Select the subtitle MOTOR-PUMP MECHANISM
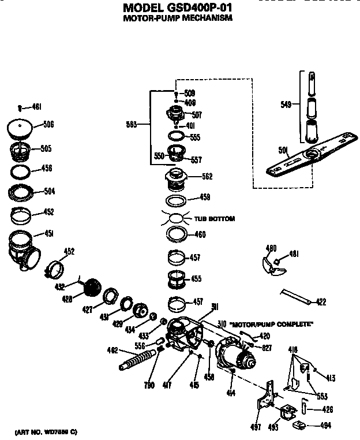[178, 18]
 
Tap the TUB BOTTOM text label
[214, 219]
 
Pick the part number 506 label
[48, 124]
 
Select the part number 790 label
[149, 386]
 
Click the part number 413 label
[329, 378]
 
